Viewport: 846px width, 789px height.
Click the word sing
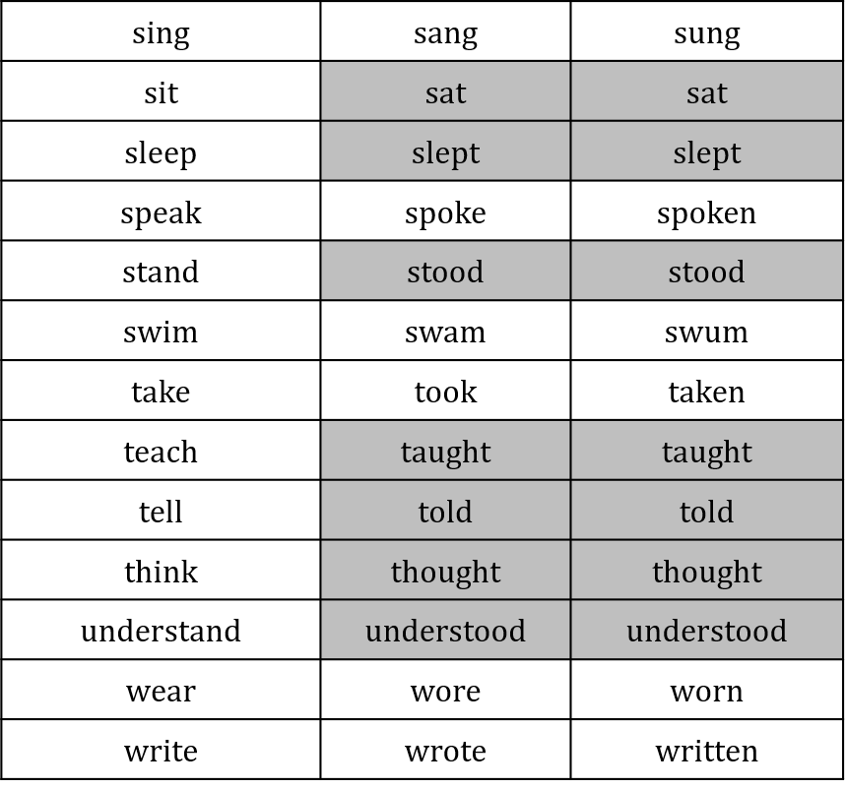pos(161,34)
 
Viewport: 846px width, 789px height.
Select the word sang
pos(446,35)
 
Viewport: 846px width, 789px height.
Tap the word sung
pos(707,35)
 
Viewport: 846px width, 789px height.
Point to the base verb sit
pos(161,92)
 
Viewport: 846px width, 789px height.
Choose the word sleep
pos(161,154)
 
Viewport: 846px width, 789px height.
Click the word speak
pos(161,213)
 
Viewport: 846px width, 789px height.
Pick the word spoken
pos(707,213)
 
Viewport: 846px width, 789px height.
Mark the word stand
pos(161,272)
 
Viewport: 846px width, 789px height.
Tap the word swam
pos(446,334)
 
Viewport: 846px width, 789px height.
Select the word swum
pos(707,334)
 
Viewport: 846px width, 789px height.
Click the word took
pos(446,392)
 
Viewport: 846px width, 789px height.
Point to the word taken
pos(707,392)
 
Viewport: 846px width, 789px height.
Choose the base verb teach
pos(161,452)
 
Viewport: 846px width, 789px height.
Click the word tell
pos(161,511)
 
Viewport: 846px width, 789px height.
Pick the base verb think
pos(161,571)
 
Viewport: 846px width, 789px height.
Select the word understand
pos(161,631)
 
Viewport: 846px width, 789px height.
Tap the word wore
pos(446,692)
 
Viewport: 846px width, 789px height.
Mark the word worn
pos(707,692)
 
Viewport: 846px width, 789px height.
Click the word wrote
pos(446,751)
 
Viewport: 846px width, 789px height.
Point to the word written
pos(707,751)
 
